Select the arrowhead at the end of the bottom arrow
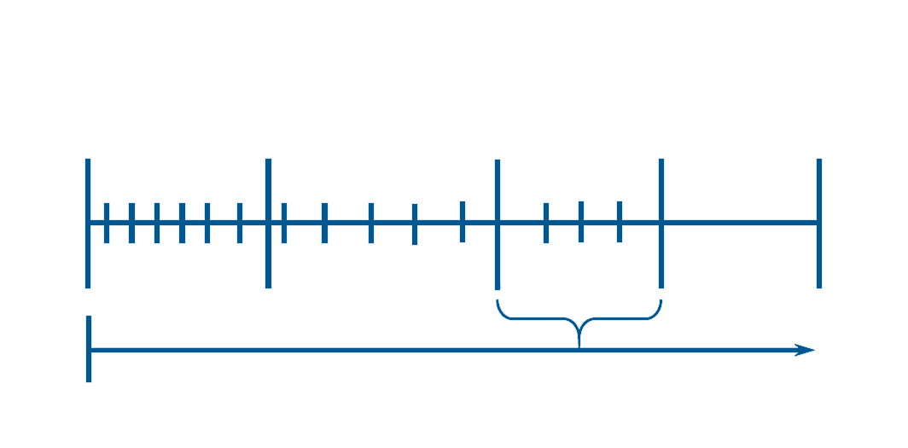click(806, 350)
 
